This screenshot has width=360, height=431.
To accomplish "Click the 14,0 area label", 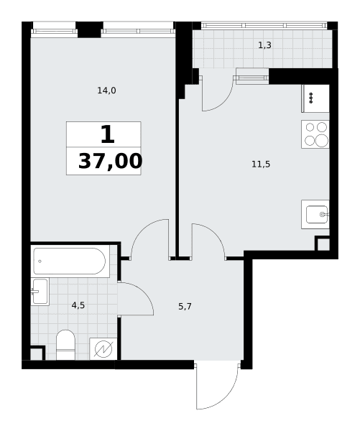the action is [107, 91].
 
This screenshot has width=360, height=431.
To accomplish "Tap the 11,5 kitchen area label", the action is [261, 164].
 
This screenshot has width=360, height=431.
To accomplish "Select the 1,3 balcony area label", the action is [265, 45].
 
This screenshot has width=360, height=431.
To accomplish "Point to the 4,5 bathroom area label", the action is [78, 305].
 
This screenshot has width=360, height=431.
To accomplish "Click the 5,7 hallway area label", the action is [185, 307].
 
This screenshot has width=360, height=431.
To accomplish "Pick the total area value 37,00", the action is [110, 162].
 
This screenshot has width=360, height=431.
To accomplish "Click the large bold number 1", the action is [108, 134].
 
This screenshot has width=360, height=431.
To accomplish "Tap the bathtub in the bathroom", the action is [69, 261].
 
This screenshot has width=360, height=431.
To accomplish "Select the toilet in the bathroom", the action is [65, 345].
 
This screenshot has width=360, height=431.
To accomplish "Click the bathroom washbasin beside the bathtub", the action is [40, 292].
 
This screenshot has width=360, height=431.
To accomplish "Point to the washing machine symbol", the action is [103, 349].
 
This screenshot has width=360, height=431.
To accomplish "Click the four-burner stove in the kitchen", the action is [315, 134].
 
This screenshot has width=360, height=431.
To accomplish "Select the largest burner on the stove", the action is [321, 141].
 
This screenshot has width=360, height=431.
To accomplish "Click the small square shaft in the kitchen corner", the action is [323, 244].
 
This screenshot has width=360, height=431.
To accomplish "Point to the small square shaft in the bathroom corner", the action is [37, 353].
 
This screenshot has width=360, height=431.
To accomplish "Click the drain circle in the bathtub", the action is [40, 261].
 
